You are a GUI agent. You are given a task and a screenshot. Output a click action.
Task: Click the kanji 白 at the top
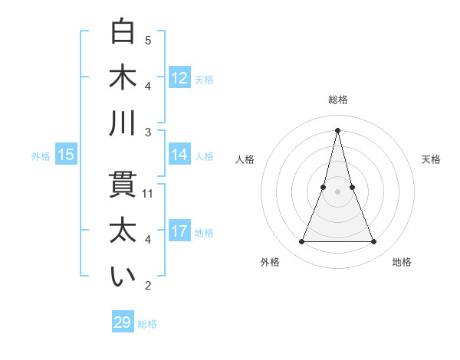(x=123, y=31)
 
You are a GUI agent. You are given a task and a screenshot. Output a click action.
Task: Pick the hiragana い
(x=123, y=277)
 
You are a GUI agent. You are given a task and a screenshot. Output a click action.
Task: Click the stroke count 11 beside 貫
(x=148, y=194)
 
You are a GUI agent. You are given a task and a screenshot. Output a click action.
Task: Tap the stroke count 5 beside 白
(x=148, y=40)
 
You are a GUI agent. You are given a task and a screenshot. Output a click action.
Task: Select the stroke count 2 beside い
(x=148, y=286)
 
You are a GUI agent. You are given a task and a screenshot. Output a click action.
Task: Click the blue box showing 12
(x=179, y=78)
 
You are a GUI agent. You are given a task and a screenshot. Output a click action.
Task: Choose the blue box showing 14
(x=179, y=155)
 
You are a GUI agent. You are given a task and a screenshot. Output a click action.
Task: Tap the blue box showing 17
(x=179, y=231)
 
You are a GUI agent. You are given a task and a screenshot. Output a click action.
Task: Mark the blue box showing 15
(x=66, y=155)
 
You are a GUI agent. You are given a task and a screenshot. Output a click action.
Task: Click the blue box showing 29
(x=123, y=322)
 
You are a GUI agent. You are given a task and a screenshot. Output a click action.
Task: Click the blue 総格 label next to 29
(x=147, y=324)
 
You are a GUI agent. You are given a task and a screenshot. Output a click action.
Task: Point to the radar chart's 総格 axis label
(x=338, y=100)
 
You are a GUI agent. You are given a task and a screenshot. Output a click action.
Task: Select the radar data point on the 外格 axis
(x=301, y=242)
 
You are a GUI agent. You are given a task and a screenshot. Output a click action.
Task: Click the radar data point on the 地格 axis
(x=374, y=242)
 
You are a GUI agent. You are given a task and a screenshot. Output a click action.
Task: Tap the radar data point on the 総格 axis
(x=338, y=129)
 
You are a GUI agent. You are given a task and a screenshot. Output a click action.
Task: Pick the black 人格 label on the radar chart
(x=245, y=159)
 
